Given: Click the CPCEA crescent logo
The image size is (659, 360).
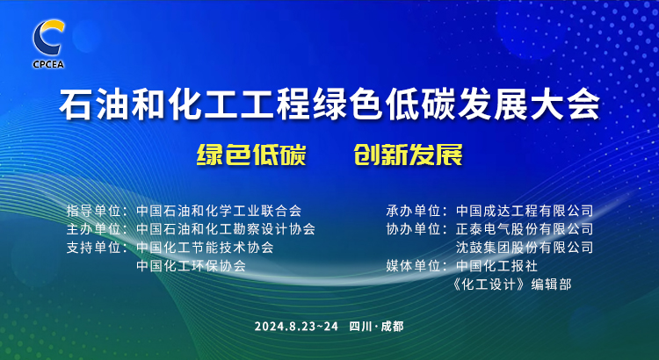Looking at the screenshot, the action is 48,38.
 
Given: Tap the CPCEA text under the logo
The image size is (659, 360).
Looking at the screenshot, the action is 48,64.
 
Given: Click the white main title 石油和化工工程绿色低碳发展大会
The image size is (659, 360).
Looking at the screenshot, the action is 329,104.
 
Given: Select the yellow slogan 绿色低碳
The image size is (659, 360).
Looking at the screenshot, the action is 251,155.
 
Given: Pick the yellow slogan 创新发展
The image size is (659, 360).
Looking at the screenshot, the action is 408,155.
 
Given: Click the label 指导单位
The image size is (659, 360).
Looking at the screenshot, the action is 93,211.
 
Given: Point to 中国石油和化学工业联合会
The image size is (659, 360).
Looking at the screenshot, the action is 219,211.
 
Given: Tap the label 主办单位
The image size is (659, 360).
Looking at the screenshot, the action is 93,229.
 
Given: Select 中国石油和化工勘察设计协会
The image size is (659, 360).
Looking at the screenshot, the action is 226,229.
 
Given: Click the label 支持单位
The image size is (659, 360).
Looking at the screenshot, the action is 93,248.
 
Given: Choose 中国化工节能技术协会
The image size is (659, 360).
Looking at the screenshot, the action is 205,248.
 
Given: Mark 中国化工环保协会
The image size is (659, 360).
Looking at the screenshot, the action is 192,266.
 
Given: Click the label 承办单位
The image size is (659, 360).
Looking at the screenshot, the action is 413,211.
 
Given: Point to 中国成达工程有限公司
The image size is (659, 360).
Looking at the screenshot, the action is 525,211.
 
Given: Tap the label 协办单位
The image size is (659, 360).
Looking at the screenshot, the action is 413,229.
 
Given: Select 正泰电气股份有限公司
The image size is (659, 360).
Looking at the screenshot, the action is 525,229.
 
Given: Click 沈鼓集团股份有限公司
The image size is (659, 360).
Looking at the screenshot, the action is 525,248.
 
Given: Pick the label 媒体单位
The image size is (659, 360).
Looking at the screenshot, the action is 413,266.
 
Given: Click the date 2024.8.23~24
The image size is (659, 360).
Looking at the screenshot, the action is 296,327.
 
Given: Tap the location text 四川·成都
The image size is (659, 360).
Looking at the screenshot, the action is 376,327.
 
